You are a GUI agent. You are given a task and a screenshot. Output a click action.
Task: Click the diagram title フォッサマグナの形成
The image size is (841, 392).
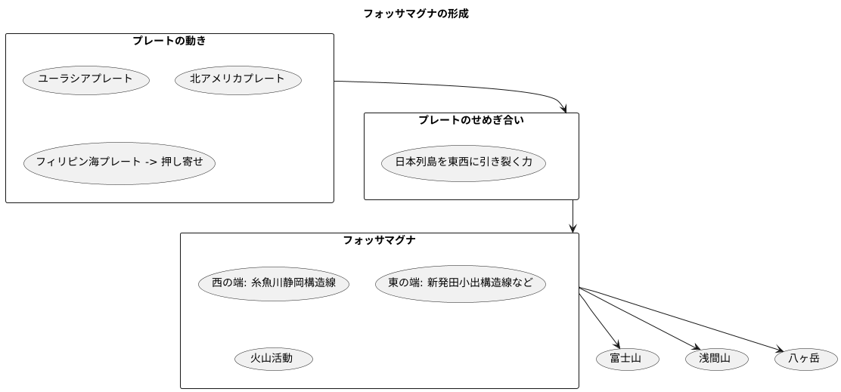click(415, 14)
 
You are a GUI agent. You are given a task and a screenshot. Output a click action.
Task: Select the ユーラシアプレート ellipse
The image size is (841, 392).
click(85, 79)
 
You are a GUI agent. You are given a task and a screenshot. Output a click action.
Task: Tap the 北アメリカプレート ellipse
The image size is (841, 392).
click(237, 79)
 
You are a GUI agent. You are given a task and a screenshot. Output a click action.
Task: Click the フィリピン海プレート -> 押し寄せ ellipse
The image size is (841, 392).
click(119, 162)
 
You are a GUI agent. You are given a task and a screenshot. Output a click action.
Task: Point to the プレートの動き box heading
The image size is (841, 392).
click(169, 41)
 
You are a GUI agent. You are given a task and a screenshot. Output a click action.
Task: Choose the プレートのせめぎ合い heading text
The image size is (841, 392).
click(470, 120)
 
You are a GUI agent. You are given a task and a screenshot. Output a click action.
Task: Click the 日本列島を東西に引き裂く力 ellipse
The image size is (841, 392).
click(463, 162)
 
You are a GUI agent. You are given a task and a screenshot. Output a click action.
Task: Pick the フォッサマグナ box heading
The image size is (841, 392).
click(379, 240)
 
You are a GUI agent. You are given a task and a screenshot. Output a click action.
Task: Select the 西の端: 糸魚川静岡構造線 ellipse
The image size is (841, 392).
click(273, 283)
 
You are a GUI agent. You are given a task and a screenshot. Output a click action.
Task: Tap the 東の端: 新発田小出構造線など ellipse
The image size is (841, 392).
click(460, 283)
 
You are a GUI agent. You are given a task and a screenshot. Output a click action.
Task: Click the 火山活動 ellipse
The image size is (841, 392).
click(273, 358)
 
